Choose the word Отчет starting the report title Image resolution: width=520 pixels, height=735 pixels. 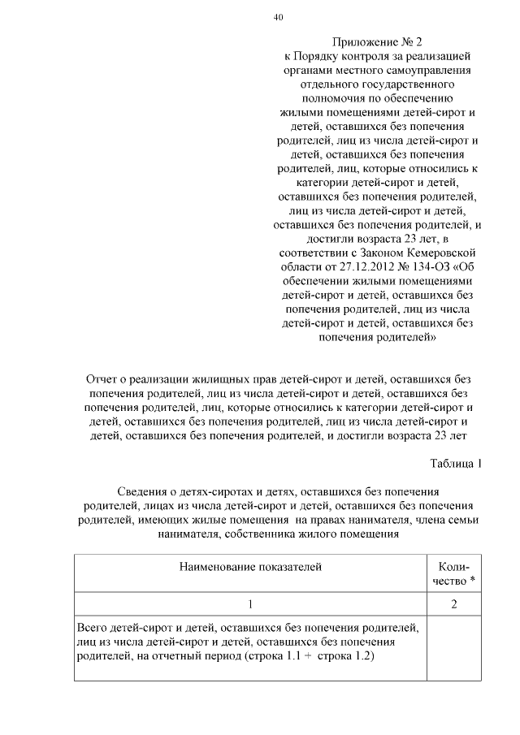click(x=102, y=379)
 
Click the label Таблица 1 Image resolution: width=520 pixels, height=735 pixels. click(x=456, y=464)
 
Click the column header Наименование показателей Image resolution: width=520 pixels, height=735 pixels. click(x=250, y=567)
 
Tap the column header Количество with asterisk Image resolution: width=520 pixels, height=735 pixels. click(x=455, y=573)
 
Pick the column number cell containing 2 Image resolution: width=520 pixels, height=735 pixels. click(x=455, y=603)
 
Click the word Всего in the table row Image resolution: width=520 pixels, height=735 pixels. click(x=93, y=628)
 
